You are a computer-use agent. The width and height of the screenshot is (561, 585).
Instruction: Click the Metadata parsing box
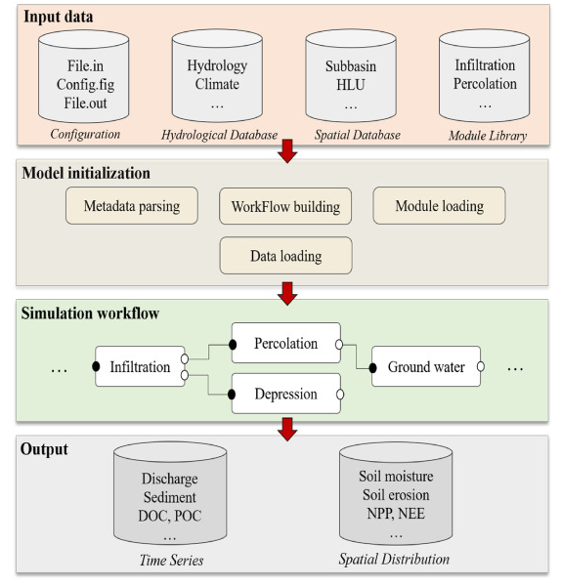coord(132,205)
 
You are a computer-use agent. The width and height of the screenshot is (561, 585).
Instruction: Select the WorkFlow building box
coord(285,206)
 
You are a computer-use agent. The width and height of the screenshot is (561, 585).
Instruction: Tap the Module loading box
coord(439,205)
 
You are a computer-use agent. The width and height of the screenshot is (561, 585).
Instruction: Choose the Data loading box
coord(286,256)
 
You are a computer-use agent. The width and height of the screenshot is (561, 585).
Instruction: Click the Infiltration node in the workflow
coord(140,366)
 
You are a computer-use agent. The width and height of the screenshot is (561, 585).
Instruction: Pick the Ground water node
coord(426,366)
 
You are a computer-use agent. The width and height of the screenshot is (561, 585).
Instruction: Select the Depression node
coord(286,394)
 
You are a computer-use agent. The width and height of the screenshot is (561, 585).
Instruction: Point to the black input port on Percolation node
coord(233,345)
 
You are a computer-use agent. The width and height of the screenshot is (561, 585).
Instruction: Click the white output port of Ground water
coord(481,367)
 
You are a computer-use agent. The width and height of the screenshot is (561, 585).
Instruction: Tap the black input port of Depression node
coord(232,395)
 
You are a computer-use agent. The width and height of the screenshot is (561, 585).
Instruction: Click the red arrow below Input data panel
coord(287,151)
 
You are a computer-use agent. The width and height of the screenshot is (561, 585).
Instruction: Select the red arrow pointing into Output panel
coord(287,430)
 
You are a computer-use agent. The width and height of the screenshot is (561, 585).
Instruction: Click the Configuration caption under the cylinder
coord(85,135)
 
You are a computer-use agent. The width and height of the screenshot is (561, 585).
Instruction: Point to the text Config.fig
coord(85,85)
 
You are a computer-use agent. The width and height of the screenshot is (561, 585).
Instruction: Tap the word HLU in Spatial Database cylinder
coord(351,85)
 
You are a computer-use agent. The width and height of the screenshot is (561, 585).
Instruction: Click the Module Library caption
coord(488,136)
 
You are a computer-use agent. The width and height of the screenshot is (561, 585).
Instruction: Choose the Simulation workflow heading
coord(90,313)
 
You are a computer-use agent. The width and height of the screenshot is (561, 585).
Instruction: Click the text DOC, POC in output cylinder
coord(170,516)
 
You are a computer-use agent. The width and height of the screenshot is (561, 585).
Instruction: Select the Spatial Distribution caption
coord(394,560)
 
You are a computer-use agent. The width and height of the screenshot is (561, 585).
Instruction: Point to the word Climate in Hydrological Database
coord(217,84)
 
